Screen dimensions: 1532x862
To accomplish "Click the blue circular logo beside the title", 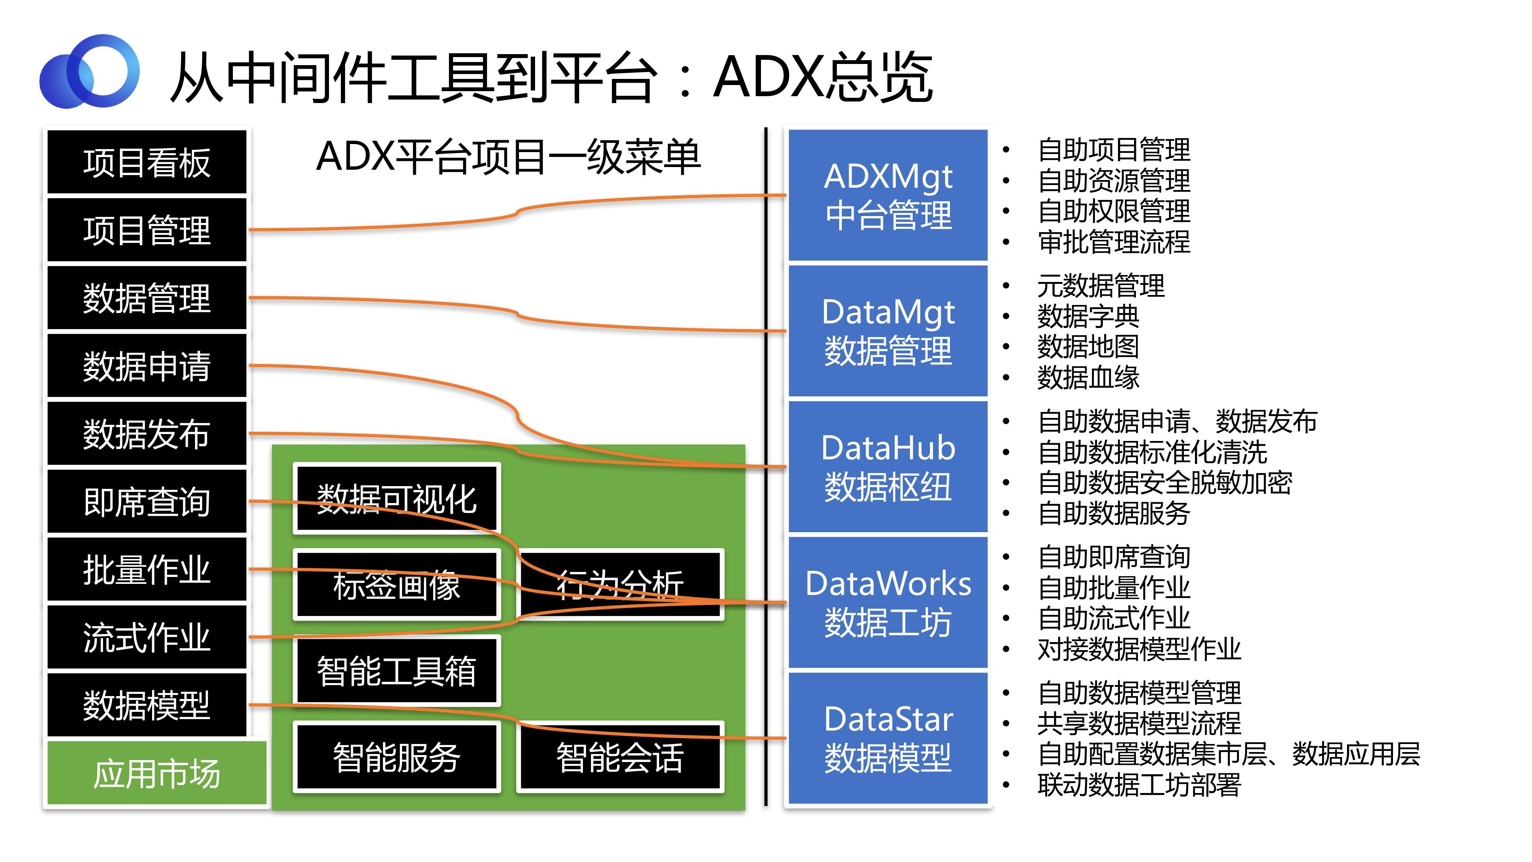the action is (x=89, y=71).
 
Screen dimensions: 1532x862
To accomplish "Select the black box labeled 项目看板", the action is (x=146, y=162).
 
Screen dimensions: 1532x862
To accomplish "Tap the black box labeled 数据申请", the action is (x=146, y=365).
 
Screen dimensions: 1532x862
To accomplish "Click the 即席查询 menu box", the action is (x=146, y=501).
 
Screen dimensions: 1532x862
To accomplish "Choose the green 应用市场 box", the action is (x=156, y=772).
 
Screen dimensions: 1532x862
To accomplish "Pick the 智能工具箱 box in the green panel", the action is (x=397, y=670).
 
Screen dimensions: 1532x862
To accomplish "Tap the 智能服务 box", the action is (x=397, y=757).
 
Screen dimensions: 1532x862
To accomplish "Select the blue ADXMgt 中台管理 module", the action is (x=888, y=195).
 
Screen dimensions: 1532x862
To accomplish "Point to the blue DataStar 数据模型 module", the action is (x=888, y=738).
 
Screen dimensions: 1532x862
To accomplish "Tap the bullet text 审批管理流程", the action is (x=1113, y=241).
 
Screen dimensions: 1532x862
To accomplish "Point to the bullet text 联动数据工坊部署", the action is (x=1139, y=785).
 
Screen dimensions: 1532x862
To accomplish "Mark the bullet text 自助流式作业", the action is (x=1113, y=618).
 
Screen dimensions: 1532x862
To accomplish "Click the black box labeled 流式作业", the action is (x=146, y=636).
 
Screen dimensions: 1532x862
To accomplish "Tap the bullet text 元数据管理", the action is (x=1101, y=285).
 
